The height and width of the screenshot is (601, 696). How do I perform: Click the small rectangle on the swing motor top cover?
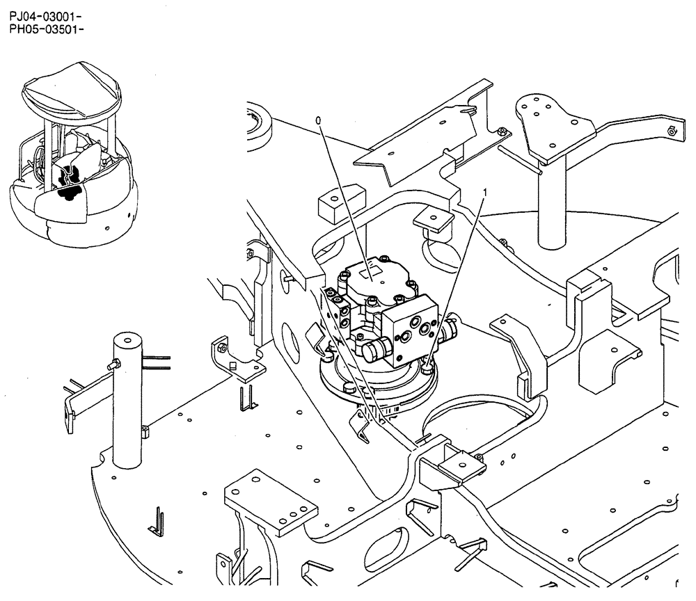point(373,266)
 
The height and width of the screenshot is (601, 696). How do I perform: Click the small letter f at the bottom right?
point(677,584)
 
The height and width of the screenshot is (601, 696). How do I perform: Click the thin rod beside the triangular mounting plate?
point(519,158)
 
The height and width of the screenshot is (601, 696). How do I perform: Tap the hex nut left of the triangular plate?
point(502,131)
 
